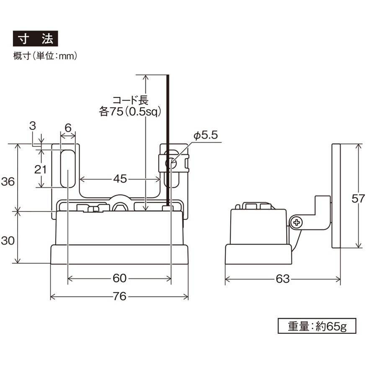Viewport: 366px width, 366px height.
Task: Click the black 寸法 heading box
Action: [x=36, y=39]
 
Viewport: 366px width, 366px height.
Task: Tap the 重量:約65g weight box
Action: [x=317, y=326]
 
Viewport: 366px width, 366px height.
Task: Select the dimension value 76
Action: [x=119, y=296]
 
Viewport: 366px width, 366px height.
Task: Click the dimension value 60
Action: [x=119, y=278]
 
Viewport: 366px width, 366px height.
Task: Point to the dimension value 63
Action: [x=283, y=278]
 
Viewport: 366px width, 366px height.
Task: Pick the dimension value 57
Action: [x=358, y=198]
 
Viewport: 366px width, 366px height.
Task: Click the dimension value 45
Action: [x=120, y=179]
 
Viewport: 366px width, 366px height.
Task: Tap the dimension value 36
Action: [x=8, y=181]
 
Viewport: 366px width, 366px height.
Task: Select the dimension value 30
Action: [x=8, y=240]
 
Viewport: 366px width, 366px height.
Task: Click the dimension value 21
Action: [x=40, y=169]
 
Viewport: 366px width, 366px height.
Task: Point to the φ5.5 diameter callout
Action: [x=206, y=135]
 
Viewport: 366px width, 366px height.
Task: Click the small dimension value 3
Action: [x=32, y=126]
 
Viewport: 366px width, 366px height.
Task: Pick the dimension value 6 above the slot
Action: [x=68, y=128]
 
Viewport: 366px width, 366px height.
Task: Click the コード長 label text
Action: [x=131, y=100]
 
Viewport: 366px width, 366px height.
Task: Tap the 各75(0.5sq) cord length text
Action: [x=130, y=111]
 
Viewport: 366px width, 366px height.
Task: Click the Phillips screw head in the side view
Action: [x=296, y=222]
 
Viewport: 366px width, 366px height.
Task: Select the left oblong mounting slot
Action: [x=68, y=169]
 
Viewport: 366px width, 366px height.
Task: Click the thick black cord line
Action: [x=168, y=140]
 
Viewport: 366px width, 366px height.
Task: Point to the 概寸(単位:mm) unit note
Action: [x=45, y=56]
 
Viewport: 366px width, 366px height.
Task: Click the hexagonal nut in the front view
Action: [x=120, y=206]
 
